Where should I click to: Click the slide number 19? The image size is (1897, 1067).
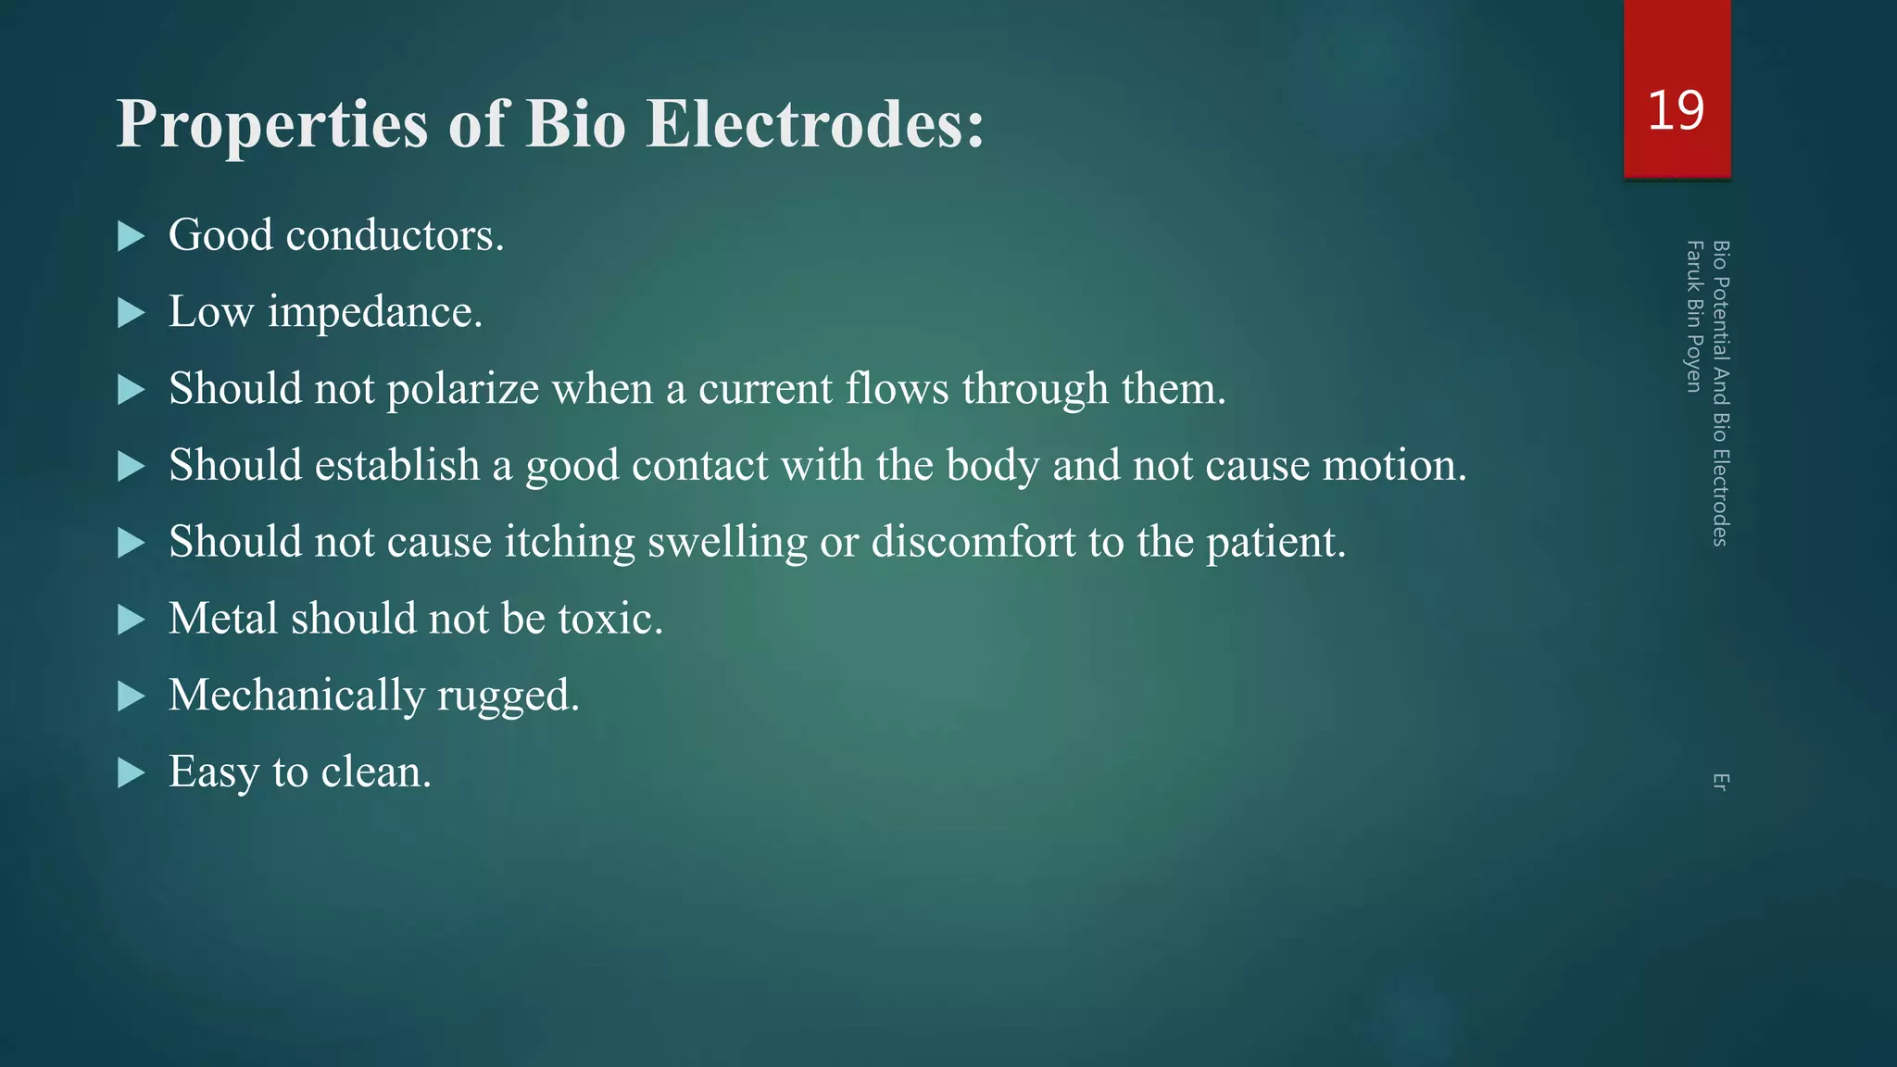click(x=1676, y=111)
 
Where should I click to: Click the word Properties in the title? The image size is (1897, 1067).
click(x=271, y=125)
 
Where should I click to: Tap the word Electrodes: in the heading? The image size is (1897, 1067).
click(x=815, y=123)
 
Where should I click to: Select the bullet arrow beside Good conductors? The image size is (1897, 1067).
click(x=132, y=237)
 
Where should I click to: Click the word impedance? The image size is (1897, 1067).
click(x=374, y=313)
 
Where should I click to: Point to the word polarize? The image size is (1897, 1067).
click(x=462, y=390)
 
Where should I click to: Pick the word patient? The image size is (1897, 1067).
click(x=1275, y=543)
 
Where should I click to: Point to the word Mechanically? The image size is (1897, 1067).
click(x=296, y=696)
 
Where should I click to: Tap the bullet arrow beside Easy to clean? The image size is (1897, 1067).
click(x=132, y=772)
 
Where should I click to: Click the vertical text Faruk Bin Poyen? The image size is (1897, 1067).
click(x=1693, y=316)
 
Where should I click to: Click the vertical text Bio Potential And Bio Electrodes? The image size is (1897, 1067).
click(x=1720, y=393)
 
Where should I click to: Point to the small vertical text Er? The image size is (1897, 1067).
click(x=1720, y=782)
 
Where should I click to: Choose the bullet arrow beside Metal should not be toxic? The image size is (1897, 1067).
click(x=132, y=620)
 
